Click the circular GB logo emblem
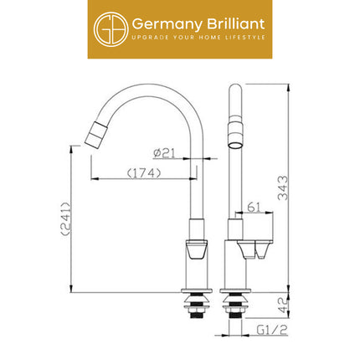(110, 29)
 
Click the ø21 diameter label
(165, 153)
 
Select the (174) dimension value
(144, 173)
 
